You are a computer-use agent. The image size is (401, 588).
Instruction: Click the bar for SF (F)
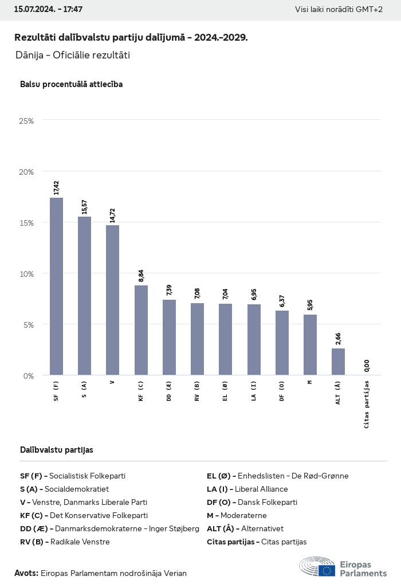[x=56, y=287]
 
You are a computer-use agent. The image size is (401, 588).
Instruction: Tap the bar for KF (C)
[x=141, y=330]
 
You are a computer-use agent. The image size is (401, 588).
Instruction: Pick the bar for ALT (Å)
[x=338, y=362]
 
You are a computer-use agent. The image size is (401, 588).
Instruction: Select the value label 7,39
[x=169, y=290]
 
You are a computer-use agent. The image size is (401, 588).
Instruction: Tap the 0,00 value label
[x=367, y=365]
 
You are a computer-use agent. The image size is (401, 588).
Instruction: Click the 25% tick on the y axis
[x=26, y=121]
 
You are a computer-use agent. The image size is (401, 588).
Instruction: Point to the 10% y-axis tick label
[x=26, y=273]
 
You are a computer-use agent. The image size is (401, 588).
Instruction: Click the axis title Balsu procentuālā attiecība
[x=71, y=84]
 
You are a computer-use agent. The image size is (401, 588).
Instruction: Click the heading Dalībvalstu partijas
[x=57, y=450]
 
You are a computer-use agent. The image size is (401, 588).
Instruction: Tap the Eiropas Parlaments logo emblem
[x=317, y=566]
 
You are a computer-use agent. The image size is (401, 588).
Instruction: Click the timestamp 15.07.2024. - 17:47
[x=48, y=10]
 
